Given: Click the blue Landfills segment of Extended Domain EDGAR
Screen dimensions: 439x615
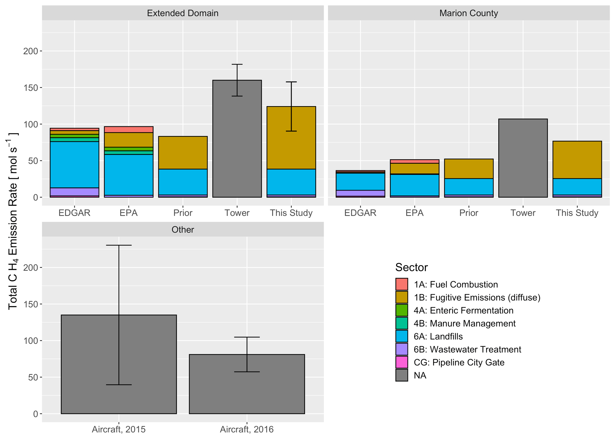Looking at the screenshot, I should [x=74, y=165].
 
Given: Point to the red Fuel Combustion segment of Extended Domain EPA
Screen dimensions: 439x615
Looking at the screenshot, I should [x=129, y=130].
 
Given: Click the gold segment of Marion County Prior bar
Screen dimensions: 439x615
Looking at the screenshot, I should [x=469, y=169].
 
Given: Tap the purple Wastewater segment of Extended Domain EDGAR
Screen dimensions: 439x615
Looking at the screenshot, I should [x=74, y=192].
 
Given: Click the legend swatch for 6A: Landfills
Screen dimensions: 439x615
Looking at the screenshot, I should [x=401, y=336].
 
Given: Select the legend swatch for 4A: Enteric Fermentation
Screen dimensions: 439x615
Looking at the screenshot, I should [x=401, y=310].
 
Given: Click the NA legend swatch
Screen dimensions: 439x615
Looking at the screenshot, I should [x=401, y=375].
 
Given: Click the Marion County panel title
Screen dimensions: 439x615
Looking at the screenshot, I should [x=468, y=13].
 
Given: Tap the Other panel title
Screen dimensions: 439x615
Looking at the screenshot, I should [x=183, y=229].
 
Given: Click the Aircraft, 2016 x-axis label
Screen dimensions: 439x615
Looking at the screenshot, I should [x=247, y=429].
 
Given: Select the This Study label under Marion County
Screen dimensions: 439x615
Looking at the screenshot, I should [x=577, y=213].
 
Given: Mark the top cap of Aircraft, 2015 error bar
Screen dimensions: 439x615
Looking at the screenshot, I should [x=119, y=245].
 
